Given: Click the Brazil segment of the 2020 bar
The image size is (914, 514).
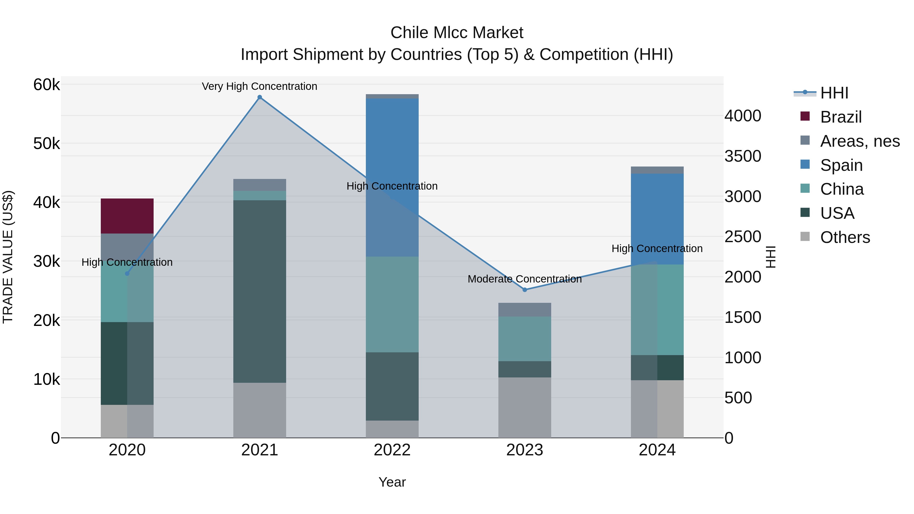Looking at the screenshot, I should coord(127,216).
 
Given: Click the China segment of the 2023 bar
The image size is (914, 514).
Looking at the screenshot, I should coord(525,339).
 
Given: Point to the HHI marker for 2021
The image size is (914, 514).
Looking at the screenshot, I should coord(259,97).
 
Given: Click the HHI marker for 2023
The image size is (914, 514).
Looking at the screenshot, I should coord(525,290).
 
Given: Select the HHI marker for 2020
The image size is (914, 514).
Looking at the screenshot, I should coord(127,273).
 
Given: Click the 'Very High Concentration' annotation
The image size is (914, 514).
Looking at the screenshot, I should coord(259,86).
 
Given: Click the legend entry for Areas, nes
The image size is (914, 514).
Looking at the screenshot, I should coord(859,141).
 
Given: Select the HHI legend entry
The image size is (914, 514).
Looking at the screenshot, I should coord(834,93).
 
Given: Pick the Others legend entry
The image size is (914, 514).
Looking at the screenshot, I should coord(844,237).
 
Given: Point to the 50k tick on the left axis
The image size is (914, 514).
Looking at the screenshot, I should coord(46,144).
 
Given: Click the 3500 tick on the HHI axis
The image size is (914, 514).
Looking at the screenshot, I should coord(743,156).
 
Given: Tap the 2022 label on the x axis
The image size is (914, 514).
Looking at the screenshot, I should coord(392,450).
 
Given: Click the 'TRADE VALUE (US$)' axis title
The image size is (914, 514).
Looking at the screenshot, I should coord(8,257).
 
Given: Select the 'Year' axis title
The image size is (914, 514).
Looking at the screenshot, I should coord(392,482).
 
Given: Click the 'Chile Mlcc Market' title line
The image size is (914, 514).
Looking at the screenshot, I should coord(457,33).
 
